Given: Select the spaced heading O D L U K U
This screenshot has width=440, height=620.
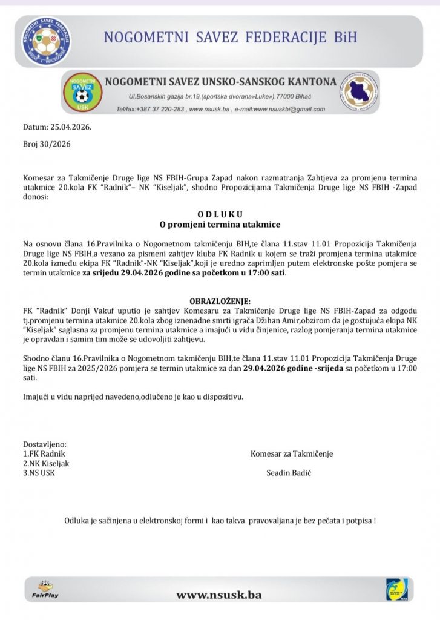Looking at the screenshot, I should point(220,214).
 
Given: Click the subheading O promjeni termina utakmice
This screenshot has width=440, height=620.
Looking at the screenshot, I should point(220,225).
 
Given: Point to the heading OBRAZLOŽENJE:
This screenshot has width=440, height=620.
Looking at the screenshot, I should point(220,301).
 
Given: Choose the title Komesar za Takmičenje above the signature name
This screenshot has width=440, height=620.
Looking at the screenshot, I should point(292,453).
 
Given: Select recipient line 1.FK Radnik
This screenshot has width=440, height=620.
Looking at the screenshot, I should point(44,453).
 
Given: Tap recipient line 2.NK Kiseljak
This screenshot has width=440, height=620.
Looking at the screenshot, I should point(46,463).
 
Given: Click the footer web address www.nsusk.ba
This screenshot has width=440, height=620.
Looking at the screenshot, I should point(219,595).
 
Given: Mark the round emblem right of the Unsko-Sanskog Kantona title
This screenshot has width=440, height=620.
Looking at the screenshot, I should point(360,93).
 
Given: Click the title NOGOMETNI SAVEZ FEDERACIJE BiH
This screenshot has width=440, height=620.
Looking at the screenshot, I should point(231,38).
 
